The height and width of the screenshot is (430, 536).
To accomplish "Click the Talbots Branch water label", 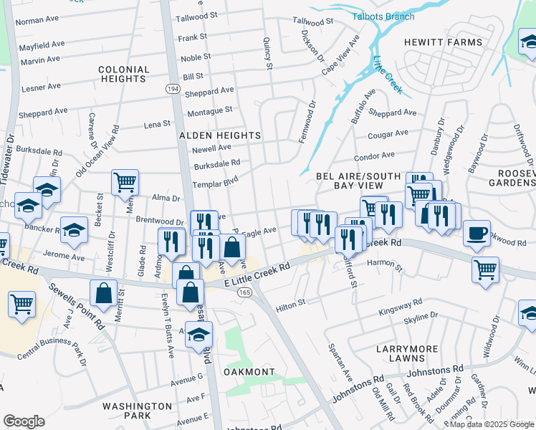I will pyautogui.click(x=383, y=16).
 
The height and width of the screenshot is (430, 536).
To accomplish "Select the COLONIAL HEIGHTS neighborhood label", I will pyautogui.click(x=124, y=75).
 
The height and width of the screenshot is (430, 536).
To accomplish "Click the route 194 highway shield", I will pyautogui.click(x=172, y=89).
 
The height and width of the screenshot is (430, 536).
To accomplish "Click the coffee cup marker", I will pyautogui.click(x=477, y=233).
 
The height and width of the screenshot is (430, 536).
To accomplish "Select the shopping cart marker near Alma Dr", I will pyautogui.click(x=125, y=182).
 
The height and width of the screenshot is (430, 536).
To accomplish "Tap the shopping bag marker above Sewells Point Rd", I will pyautogui.click(x=103, y=292).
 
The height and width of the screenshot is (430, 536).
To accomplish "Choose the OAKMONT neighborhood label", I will pyautogui.click(x=249, y=372).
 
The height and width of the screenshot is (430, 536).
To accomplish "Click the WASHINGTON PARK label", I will pyautogui.click(x=137, y=411).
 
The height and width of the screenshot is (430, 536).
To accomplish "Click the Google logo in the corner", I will pyautogui.click(x=23, y=421).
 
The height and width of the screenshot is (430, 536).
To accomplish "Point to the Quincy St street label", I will pyautogui.click(x=269, y=54).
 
